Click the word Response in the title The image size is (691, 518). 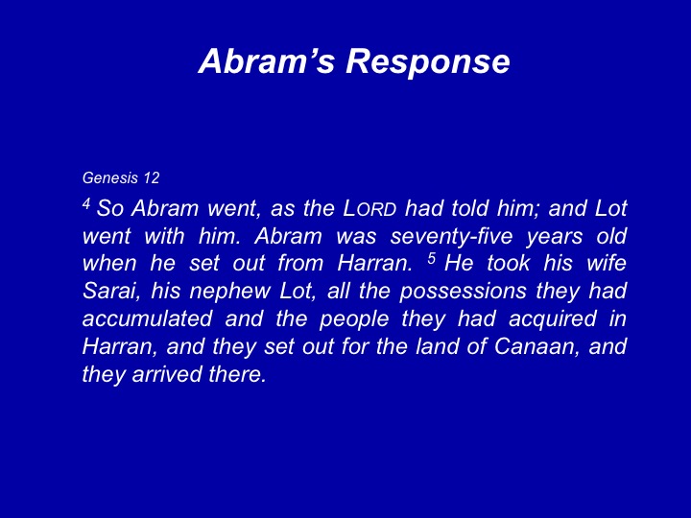(x=427, y=61)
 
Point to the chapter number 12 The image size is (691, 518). (x=152, y=178)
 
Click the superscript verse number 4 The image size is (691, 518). (x=86, y=204)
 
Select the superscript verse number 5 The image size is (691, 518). (x=432, y=259)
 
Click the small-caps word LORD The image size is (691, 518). (x=369, y=208)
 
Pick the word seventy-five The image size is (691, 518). (x=452, y=237)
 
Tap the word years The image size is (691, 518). (x=555, y=237)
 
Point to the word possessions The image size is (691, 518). (x=464, y=292)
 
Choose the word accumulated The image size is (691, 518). (x=147, y=318)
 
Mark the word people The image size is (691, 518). (x=354, y=319)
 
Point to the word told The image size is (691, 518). (x=469, y=208)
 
